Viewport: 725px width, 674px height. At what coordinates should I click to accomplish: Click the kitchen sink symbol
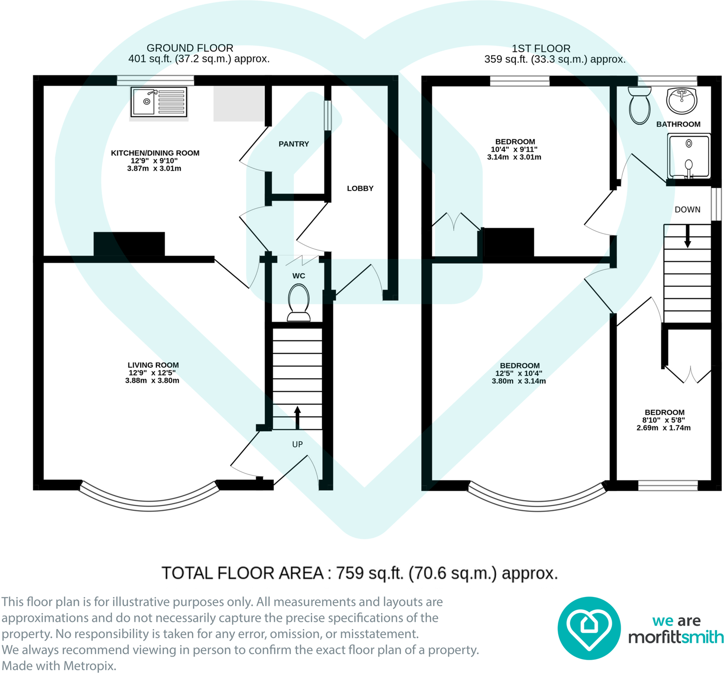coord(159,102)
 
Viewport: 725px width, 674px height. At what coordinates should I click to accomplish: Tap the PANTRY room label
coord(293,144)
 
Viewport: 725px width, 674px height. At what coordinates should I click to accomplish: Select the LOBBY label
coord(360,188)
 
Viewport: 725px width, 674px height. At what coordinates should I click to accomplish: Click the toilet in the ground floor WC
coord(299,302)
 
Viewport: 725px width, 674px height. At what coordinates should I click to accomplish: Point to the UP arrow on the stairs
coord(298,417)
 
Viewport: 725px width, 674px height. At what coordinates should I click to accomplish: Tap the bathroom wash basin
coord(681,100)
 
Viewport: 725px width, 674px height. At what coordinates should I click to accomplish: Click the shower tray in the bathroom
coord(689,156)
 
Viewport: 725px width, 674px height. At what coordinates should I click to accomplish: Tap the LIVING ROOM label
coord(153,365)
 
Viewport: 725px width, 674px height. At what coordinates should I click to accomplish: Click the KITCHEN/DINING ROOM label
coord(155,153)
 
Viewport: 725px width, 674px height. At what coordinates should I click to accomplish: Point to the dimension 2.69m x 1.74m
coord(663,428)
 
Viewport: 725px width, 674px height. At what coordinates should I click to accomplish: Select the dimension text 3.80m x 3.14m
coord(519,381)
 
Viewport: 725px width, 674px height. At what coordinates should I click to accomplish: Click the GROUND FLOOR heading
coord(190,48)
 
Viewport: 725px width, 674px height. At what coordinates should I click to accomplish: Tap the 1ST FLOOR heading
coord(541,48)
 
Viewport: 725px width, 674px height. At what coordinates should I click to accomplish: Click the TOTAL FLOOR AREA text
coord(359,573)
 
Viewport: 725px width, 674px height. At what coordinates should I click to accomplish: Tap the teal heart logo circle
coord(589,628)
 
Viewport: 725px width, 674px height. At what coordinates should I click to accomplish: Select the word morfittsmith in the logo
coord(676,637)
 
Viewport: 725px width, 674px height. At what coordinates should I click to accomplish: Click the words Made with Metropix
coord(59,665)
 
